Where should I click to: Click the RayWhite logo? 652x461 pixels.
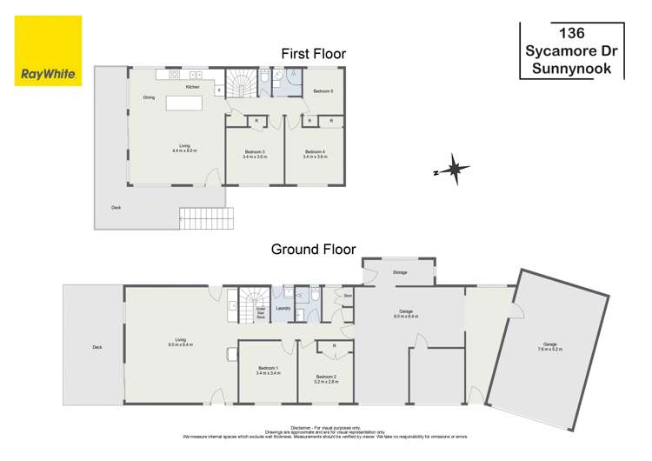coord(49,50)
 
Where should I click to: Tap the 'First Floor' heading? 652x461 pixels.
coord(313,54)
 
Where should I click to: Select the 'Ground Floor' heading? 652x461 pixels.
coord(313,249)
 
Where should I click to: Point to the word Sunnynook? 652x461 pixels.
coord(571,68)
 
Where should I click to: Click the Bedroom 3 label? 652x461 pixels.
coord(254,154)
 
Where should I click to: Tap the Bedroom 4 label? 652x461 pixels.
coord(315,154)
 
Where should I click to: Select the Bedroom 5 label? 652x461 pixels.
coord(323,90)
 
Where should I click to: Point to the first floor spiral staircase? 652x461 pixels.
coord(241,85)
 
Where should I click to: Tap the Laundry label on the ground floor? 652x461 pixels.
coord(283,308)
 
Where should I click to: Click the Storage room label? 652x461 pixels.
coord(400,272)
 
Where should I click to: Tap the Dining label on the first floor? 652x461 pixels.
coord(150,97)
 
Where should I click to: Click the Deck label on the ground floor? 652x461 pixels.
coord(96,348)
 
